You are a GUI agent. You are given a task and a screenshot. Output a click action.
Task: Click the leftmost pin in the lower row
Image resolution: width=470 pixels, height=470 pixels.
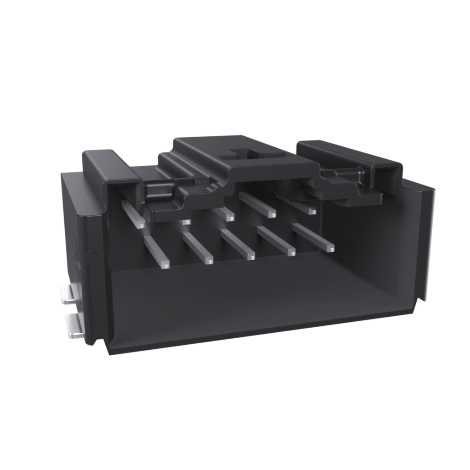coord(157,251)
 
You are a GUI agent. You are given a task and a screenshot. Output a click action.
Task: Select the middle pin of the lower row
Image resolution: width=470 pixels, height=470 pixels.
coord(237,244)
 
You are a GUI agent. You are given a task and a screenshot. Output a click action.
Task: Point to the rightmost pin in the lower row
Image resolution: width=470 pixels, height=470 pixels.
coord(313,237)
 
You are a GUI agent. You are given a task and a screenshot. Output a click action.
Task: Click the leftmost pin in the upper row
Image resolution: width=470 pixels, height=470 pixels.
coord(133,215)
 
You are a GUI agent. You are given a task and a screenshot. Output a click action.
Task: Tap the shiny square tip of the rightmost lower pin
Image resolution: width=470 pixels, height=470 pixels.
coord(330,248)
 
